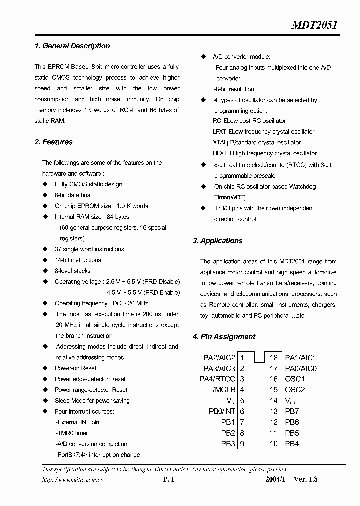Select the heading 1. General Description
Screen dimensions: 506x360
(x=72, y=46)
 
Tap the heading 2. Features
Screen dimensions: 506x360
(x=54, y=142)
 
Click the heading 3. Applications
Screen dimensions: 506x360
(x=217, y=241)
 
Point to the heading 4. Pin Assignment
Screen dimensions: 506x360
(x=224, y=337)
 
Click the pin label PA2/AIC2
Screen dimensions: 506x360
(x=219, y=358)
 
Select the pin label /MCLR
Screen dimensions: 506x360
(x=224, y=390)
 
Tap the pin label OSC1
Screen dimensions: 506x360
(x=295, y=379)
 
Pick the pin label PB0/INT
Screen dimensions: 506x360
(x=222, y=411)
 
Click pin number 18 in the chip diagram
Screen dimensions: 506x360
(x=273, y=358)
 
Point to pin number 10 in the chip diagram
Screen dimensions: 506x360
(x=273, y=444)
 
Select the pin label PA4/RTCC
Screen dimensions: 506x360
(x=217, y=379)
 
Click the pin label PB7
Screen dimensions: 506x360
(x=292, y=411)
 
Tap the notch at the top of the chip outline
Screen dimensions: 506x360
(x=259, y=356)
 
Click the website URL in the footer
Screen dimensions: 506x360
(x=73, y=479)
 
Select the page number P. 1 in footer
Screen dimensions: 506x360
(x=168, y=479)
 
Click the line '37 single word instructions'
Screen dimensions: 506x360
(x=89, y=249)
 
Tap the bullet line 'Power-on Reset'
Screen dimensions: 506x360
(x=75, y=368)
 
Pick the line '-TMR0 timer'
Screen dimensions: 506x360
(x=72, y=433)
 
